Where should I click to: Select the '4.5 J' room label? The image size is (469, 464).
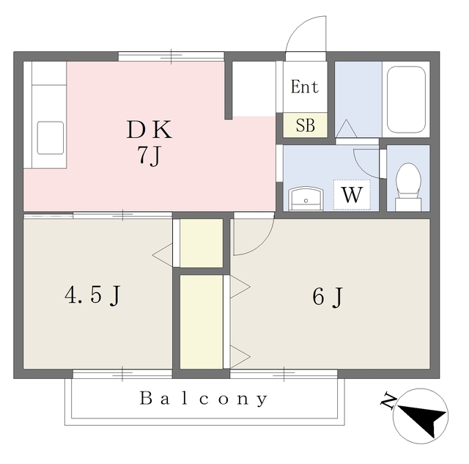[x=92, y=295]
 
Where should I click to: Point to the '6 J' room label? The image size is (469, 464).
[x=328, y=296]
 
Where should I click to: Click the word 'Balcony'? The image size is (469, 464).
[x=204, y=399]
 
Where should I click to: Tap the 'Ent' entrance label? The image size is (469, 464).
[x=304, y=87]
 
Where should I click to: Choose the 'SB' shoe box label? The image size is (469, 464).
[x=305, y=125]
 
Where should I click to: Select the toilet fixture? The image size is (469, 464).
[x=407, y=184]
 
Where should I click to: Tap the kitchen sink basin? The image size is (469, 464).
[x=51, y=137]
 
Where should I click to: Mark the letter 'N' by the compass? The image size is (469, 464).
[x=388, y=401]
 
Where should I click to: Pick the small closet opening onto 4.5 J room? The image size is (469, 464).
[x=201, y=243]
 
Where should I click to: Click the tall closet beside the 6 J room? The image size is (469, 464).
[x=201, y=321]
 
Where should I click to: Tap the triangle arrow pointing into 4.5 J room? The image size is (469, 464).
[x=162, y=255]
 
